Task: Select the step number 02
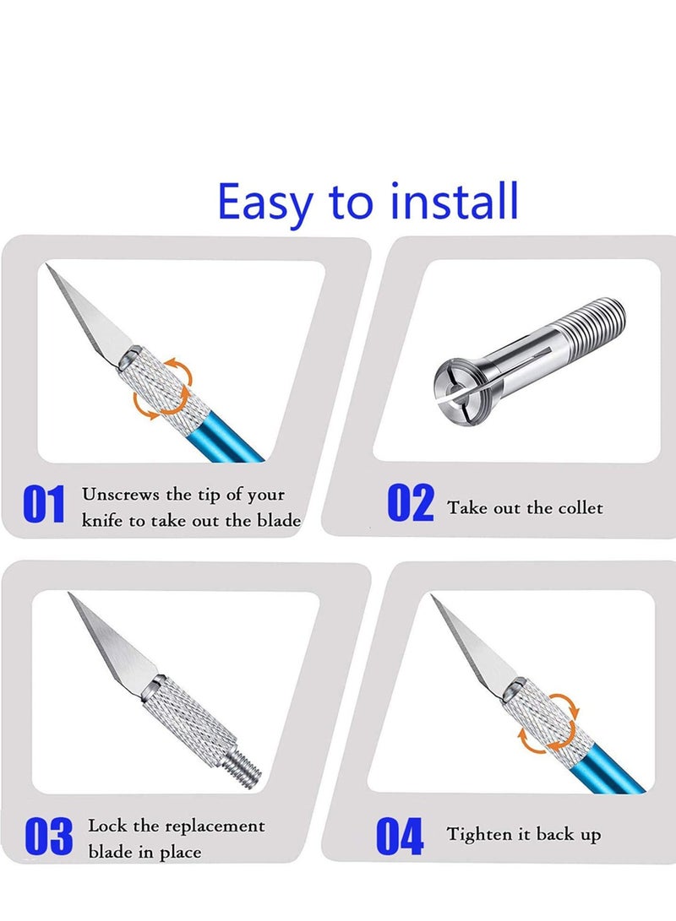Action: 411,504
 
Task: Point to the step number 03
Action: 49,836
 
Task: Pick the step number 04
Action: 399,837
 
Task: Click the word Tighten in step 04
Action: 478,835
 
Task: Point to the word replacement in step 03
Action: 215,826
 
